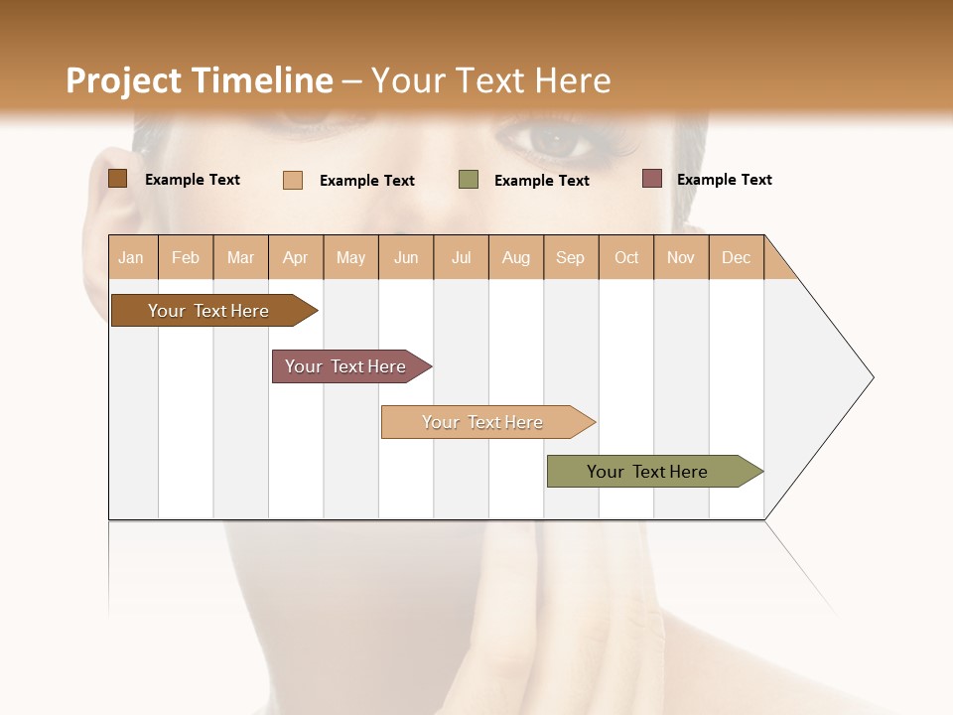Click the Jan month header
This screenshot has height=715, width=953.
(132, 257)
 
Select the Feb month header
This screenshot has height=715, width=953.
(186, 257)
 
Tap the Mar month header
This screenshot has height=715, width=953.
(240, 257)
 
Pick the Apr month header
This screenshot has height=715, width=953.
(296, 257)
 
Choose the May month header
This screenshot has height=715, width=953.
(350, 257)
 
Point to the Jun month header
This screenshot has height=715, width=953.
(406, 257)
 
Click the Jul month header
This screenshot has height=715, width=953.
(461, 257)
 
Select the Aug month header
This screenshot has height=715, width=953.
(516, 257)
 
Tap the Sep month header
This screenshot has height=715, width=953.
(571, 257)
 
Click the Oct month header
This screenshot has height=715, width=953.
(626, 257)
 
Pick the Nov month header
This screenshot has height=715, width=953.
(681, 257)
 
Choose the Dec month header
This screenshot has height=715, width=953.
(737, 257)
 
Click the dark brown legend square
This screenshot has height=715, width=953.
(118, 179)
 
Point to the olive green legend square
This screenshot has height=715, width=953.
(469, 180)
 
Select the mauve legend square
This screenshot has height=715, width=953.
(652, 179)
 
